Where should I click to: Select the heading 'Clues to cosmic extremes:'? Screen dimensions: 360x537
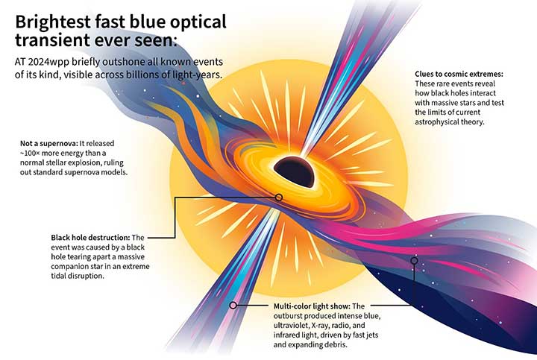pyautogui.click(x=459, y=75)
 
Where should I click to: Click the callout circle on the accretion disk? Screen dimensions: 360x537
pyautogui.click(x=278, y=198)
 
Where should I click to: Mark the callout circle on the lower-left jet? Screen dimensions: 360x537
pyautogui.click(x=233, y=305)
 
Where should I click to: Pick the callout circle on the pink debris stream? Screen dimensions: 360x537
pyautogui.click(x=415, y=261)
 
